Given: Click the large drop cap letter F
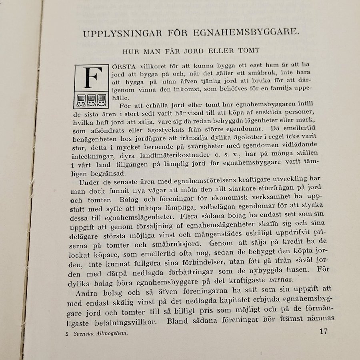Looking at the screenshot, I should coord(92,78).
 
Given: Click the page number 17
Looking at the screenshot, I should coord(324,332).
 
